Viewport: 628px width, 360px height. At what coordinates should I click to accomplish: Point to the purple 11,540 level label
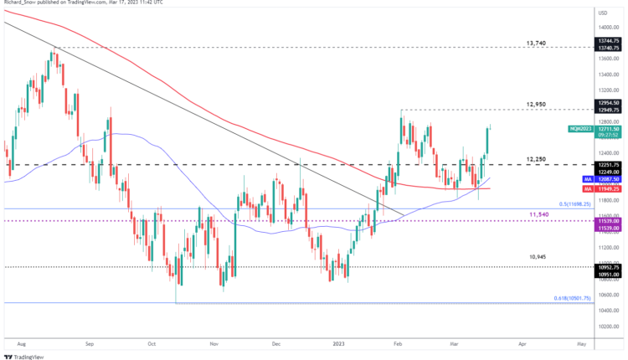point(539,215)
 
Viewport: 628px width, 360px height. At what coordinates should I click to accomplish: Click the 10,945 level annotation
point(538,257)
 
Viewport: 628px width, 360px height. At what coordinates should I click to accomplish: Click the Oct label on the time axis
point(152,343)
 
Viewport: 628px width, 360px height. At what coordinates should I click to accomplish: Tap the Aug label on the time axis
point(23,343)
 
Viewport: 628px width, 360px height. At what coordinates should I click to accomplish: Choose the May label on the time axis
point(581,343)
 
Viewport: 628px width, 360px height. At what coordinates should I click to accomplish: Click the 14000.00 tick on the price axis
point(608,28)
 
